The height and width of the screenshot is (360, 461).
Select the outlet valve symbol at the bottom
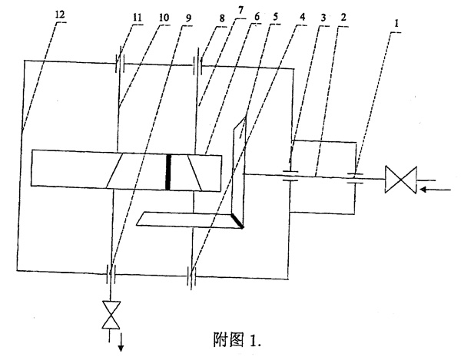(x=112, y=315)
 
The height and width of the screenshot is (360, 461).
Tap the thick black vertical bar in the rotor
(x=169, y=170)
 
